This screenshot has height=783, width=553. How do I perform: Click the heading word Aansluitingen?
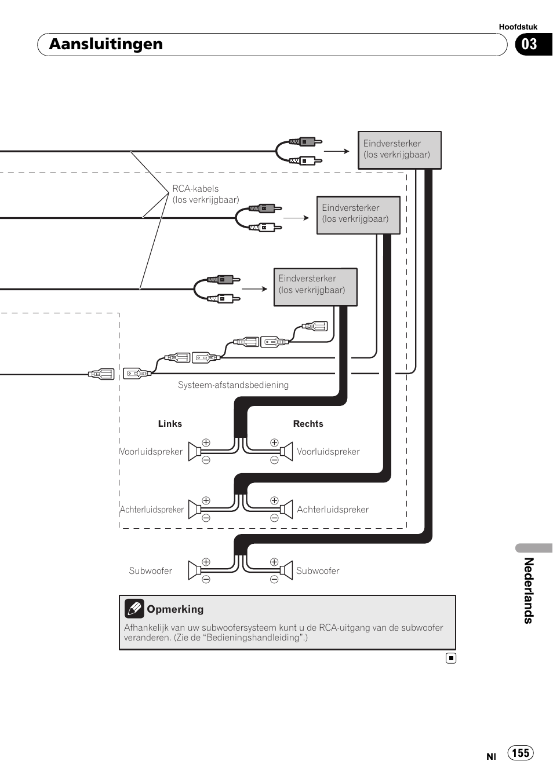tap(106, 44)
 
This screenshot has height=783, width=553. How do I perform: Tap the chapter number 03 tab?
tap(530, 45)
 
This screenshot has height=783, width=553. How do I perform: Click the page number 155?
tap(521, 753)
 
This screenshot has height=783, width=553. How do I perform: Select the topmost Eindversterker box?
tap(399, 150)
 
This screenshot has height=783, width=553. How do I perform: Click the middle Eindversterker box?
tap(358, 215)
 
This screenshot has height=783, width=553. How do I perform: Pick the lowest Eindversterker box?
tap(315, 287)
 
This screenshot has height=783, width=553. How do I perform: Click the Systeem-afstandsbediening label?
tap(233, 385)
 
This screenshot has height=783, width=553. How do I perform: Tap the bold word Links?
tap(170, 424)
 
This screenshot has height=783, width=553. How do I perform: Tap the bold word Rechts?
tap(308, 424)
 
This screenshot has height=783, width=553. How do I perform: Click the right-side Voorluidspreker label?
tap(328, 452)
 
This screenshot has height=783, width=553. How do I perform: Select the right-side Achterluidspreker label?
tap(333, 510)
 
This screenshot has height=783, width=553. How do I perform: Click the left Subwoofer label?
tap(150, 571)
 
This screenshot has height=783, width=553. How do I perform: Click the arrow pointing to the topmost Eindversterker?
tap(337, 151)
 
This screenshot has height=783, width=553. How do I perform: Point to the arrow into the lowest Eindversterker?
tap(254, 288)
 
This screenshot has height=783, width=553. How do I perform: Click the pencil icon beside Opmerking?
tap(134, 609)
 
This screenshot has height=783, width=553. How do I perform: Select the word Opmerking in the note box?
tap(175, 609)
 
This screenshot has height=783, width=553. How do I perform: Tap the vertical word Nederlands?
tap(529, 590)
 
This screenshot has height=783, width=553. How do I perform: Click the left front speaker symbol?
tap(195, 452)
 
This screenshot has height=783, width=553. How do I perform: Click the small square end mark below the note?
tap(451, 658)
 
